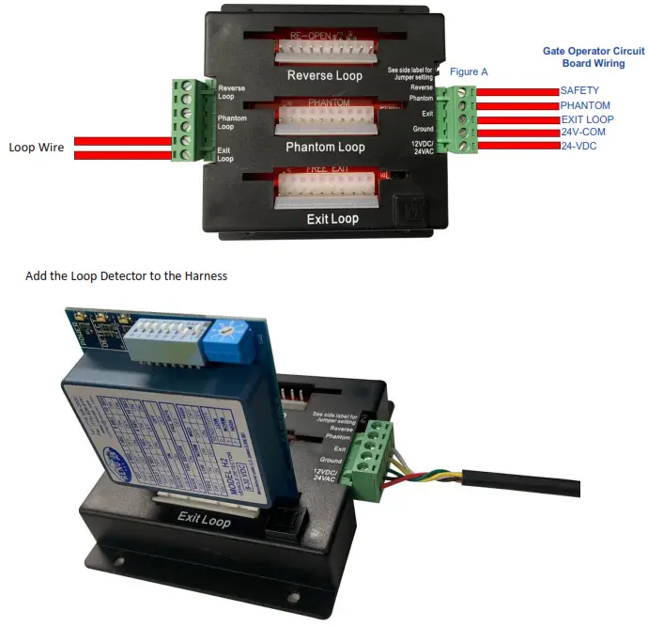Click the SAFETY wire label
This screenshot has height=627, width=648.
tap(579, 90)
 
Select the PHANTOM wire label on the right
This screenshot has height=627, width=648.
tap(585, 105)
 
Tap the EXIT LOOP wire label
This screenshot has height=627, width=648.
tap(587, 119)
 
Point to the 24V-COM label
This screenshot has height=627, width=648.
tap(584, 133)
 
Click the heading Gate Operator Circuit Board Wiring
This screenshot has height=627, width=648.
tap(593, 56)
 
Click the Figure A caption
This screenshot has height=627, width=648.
tap(469, 71)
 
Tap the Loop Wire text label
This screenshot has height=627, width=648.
tap(37, 148)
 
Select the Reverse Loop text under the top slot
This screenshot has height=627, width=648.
tap(325, 75)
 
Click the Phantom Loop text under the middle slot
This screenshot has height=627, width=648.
tap(325, 148)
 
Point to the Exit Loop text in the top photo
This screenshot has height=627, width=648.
tap(332, 219)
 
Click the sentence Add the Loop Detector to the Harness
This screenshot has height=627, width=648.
tap(127, 275)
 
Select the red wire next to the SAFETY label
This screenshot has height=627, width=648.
tap(517, 90)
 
